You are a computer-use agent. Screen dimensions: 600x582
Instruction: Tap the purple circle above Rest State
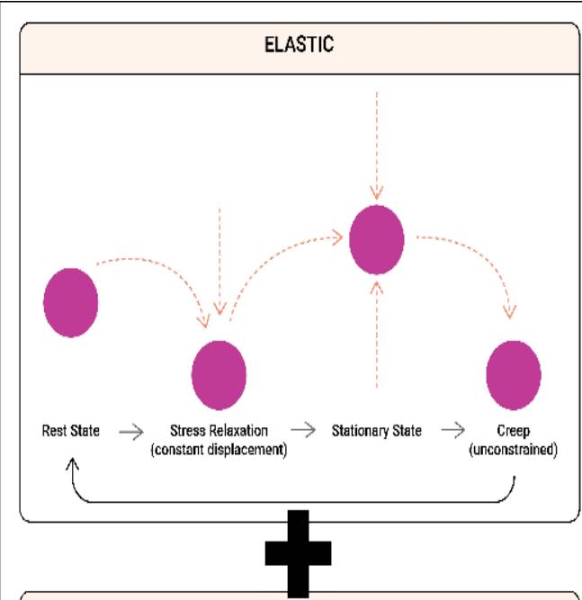(70, 301)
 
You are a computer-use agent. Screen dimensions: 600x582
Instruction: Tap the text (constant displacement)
(219, 448)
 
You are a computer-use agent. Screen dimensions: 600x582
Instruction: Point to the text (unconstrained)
(513, 448)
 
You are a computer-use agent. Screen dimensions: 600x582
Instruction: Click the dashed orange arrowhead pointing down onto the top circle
(377, 193)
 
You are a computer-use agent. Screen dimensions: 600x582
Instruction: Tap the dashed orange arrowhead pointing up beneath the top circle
(377, 288)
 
